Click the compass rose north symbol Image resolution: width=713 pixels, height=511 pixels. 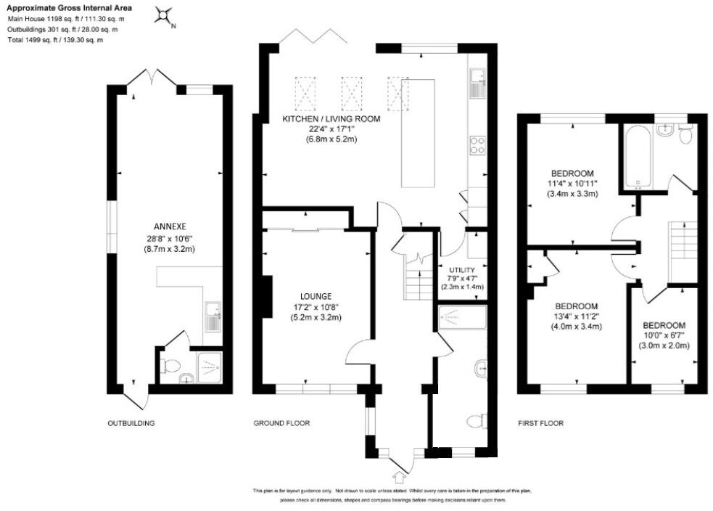tap(165, 15)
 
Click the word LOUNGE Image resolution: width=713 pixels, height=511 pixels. tap(316, 296)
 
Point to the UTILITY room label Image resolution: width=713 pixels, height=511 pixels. tap(462, 269)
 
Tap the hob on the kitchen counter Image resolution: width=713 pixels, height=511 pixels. tap(478, 145)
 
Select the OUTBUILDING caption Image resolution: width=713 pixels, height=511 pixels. tap(131, 423)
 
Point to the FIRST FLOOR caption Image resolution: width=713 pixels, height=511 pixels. tap(540, 423)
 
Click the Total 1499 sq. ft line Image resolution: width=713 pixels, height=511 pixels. tap(55, 40)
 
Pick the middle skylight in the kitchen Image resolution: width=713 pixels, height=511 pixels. tap(351, 94)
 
